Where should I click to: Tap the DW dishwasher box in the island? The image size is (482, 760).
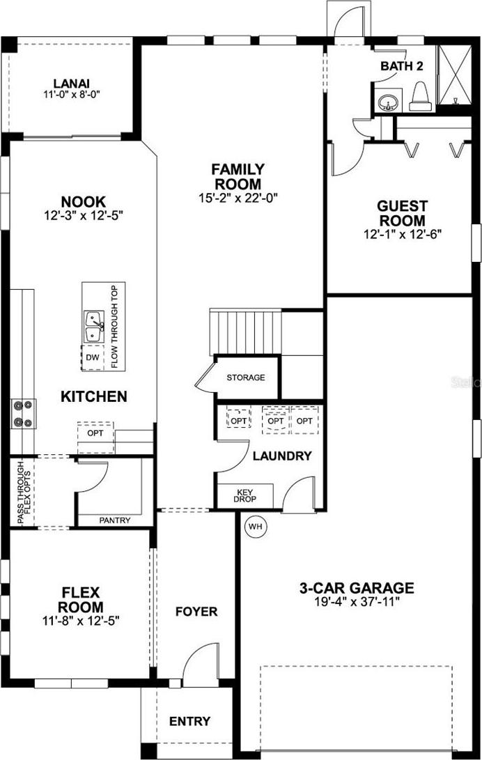pos(93,357)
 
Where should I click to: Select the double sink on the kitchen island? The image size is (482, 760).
pos(94,327)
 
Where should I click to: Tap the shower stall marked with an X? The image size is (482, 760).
pos(454,74)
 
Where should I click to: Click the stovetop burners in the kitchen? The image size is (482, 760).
pos(24,414)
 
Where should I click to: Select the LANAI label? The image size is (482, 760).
pos(72,84)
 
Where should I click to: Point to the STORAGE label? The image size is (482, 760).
pos(246,377)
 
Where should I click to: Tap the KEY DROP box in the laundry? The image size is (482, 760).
pos(245,495)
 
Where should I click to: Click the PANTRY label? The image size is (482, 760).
pos(115,520)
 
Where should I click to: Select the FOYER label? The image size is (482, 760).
pos(196,612)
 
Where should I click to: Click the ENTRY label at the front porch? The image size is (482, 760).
pos(189,721)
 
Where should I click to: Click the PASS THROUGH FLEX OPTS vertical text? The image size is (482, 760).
pos(24,492)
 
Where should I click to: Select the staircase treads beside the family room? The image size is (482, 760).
pos(246,333)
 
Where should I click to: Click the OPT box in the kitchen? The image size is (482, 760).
pos(95,433)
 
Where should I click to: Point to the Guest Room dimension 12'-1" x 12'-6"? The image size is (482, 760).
pos(403,234)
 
